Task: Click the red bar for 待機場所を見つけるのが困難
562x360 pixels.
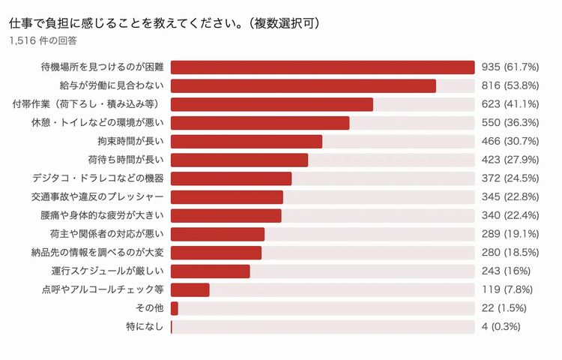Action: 323,67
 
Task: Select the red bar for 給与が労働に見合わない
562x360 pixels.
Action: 303,86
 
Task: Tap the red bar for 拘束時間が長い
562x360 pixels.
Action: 247,142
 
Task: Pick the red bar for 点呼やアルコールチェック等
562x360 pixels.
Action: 190,289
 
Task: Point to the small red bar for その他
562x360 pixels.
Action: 175,308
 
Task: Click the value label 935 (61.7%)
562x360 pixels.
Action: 510,67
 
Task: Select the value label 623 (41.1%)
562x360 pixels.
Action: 510,104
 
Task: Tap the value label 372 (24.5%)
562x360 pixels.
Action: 510,178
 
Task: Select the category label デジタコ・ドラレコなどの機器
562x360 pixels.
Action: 98,178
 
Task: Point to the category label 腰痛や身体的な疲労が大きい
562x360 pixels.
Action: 102,215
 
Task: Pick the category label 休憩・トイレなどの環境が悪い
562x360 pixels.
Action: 97,123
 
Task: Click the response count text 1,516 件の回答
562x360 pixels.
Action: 43,40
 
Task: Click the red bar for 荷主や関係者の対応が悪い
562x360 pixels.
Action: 217,234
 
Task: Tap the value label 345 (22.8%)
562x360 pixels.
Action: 510,196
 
